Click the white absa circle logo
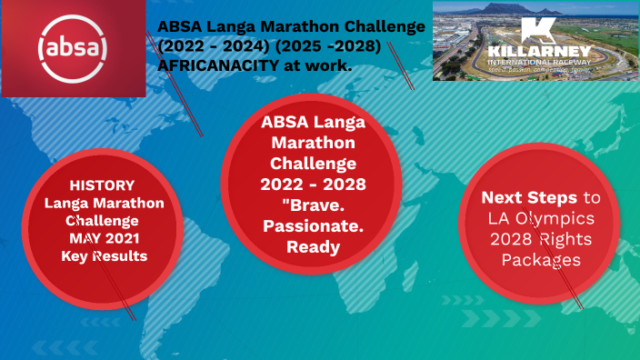point(73,46)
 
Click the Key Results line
point(104,255)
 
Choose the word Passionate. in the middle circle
point(309,225)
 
